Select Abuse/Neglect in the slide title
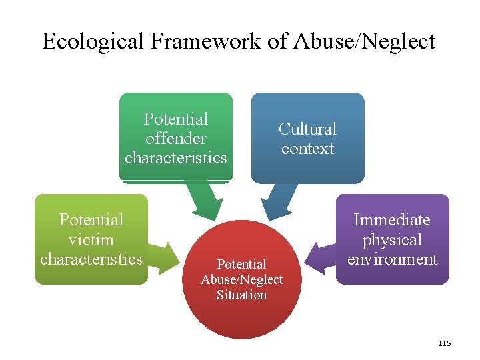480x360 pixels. click(x=364, y=41)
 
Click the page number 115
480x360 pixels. click(x=444, y=343)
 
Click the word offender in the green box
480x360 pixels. click(x=176, y=139)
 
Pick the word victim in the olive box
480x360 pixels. click(x=91, y=239)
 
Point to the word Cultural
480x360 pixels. click(x=307, y=129)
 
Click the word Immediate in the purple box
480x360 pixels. click(x=392, y=220)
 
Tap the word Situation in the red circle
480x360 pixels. click(x=241, y=295)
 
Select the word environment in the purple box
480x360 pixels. click(x=392, y=259)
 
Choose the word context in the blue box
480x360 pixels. click(x=307, y=148)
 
